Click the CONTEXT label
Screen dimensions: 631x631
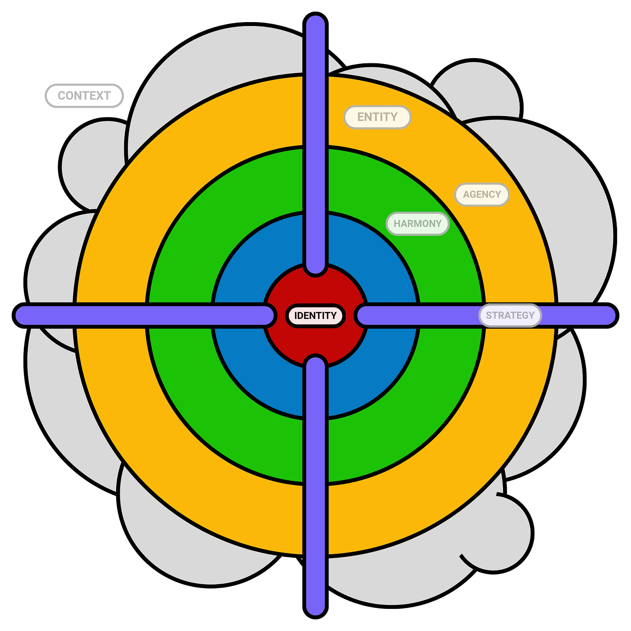[x=84, y=96]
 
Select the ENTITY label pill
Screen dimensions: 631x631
[x=377, y=117]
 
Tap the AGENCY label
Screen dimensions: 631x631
[x=481, y=194]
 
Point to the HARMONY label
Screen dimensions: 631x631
[x=417, y=223]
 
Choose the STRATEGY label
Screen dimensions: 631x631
[x=510, y=315]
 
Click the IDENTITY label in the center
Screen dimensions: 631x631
[x=315, y=315]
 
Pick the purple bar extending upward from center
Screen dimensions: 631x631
[x=315, y=144]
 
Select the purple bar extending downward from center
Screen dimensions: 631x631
[x=315, y=486]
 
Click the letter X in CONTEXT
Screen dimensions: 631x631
[x=98, y=96]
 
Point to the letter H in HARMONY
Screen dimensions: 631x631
[x=397, y=223]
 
